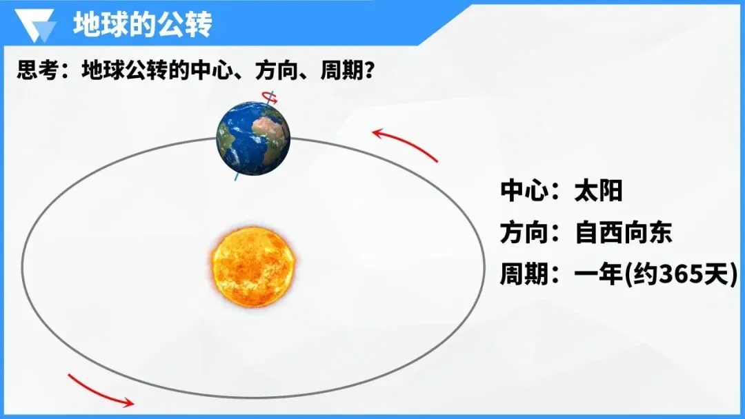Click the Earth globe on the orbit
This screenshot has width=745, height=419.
click(x=252, y=138)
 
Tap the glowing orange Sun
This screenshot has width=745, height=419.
click(x=254, y=266)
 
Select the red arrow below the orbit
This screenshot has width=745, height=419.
click(x=100, y=391)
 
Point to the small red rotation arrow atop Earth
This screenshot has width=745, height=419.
click(x=270, y=98)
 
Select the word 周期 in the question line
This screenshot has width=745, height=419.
click(x=340, y=70)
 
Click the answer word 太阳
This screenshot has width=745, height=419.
click(x=598, y=191)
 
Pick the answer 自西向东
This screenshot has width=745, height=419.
click(x=623, y=233)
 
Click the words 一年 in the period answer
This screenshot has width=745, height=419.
click(x=597, y=275)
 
